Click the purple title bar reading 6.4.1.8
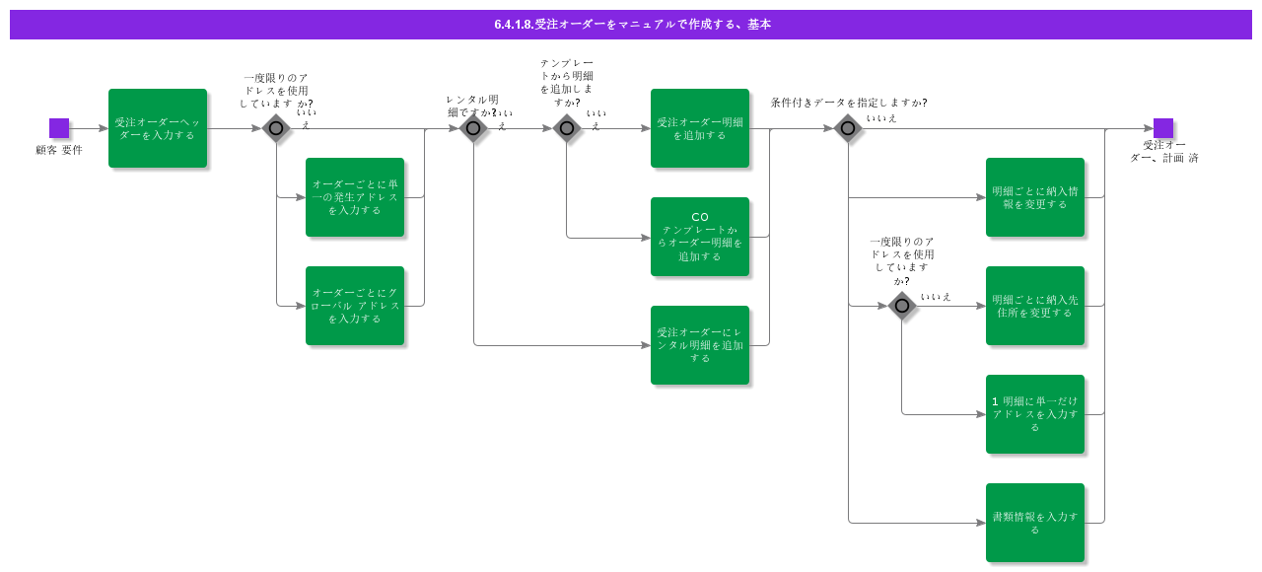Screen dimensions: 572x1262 click(631, 25)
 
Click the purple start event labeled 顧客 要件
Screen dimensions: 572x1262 click(59, 128)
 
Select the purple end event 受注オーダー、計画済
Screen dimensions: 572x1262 click(1163, 128)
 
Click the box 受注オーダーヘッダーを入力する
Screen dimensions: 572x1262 click(158, 128)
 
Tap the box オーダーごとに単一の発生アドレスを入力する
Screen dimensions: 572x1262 click(355, 197)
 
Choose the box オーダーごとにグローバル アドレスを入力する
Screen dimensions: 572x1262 click(355, 306)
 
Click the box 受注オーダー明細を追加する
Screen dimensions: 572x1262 click(700, 128)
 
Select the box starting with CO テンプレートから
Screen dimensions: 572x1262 click(700, 237)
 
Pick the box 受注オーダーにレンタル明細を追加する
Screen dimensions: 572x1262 click(700, 345)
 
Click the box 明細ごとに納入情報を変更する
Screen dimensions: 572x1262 click(1035, 197)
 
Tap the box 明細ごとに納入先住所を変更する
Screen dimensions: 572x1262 click(1035, 306)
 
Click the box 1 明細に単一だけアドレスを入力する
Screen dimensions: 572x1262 click(1035, 414)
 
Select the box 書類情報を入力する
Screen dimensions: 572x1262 click(1035, 523)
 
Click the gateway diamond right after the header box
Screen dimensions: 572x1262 click(276, 128)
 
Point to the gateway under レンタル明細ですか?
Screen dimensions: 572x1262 click(473, 128)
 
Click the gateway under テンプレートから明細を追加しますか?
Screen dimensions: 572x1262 click(566, 128)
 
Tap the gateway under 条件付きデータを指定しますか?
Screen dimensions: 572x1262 click(848, 128)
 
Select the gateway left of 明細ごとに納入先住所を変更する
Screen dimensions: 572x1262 click(901, 306)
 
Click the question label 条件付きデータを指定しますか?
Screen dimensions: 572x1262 click(848, 103)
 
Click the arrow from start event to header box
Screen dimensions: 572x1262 click(89, 128)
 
